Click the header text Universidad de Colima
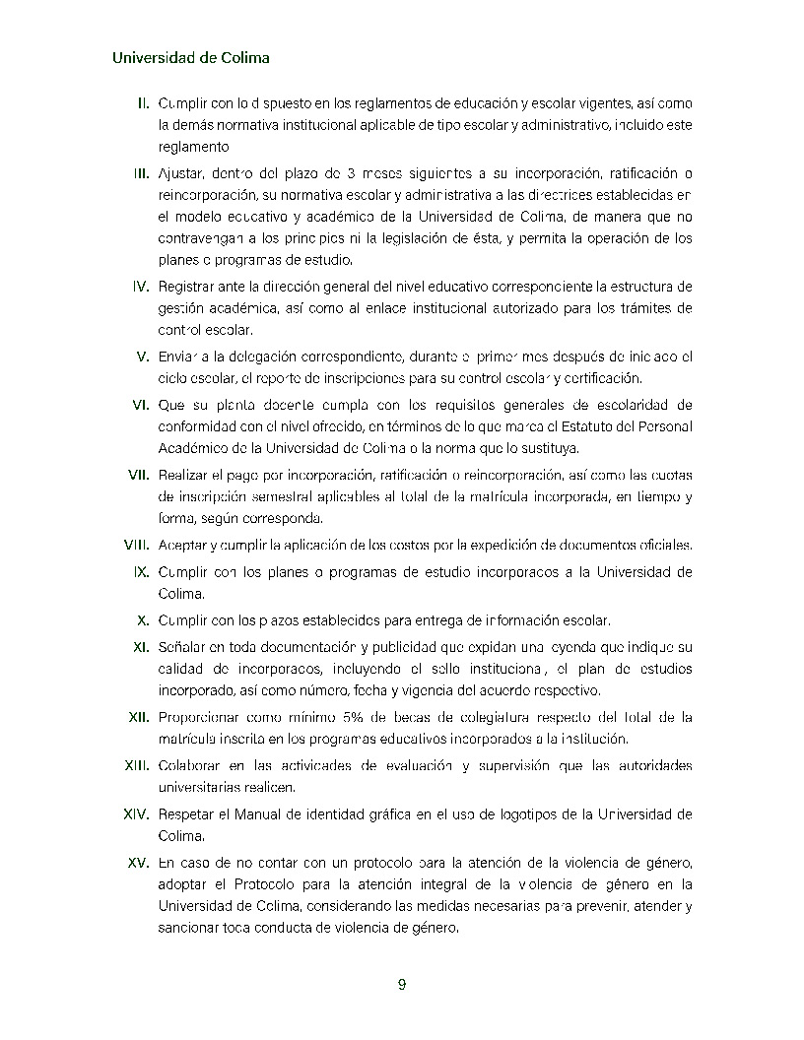coord(191,58)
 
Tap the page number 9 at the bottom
coord(402,985)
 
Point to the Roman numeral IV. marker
coord(140,287)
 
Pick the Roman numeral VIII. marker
coord(136,546)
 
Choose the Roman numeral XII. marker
coord(138,717)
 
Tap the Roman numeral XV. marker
coord(138,863)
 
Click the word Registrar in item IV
coord(185,287)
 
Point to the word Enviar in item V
coord(178,357)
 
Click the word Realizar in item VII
coord(182,475)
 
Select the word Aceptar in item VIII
coord(181,546)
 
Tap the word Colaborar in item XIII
coord(189,766)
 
